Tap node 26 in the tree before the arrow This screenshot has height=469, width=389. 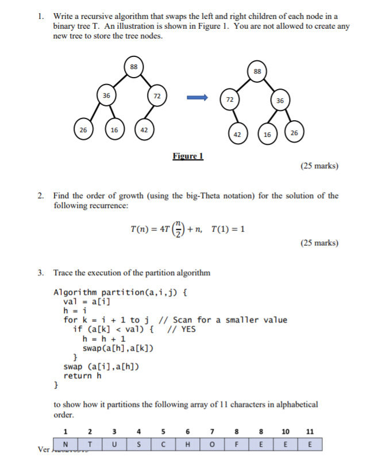(83, 130)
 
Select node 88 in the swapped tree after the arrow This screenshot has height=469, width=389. (257, 72)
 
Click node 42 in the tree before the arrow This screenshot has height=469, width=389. (144, 130)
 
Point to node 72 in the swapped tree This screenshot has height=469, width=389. (230, 99)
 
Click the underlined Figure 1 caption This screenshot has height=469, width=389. (188, 156)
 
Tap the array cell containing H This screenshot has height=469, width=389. (188, 444)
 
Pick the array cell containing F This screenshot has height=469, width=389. (237, 444)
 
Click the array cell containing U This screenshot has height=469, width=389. (114, 444)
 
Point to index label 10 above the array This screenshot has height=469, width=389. (286, 432)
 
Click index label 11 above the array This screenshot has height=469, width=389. (310, 432)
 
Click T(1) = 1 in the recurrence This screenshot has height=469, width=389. (228, 229)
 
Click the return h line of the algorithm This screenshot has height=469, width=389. (82, 376)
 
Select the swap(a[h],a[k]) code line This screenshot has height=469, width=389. (118, 348)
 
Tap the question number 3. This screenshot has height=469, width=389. (41, 272)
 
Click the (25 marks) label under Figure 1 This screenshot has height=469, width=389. (319, 166)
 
